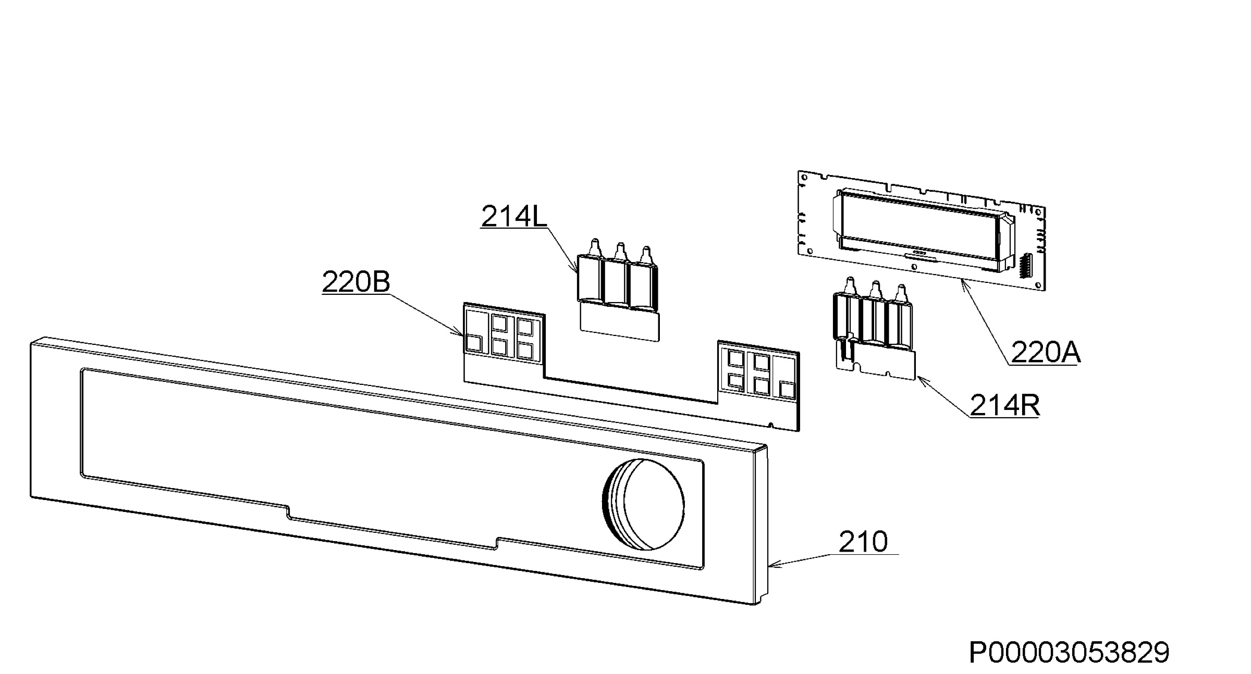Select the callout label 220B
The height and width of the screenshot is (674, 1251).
(x=356, y=282)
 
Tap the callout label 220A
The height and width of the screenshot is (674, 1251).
(x=1046, y=353)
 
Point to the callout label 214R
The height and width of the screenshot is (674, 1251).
(x=1004, y=405)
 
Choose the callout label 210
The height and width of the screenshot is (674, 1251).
(x=863, y=542)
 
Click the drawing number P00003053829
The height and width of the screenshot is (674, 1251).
(x=1069, y=652)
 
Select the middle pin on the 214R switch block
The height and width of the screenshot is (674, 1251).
(x=876, y=290)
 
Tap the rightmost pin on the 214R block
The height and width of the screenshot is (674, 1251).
(x=901, y=294)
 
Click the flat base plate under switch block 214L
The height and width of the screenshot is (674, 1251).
(x=619, y=323)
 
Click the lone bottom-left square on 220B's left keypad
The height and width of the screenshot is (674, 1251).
(x=474, y=343)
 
